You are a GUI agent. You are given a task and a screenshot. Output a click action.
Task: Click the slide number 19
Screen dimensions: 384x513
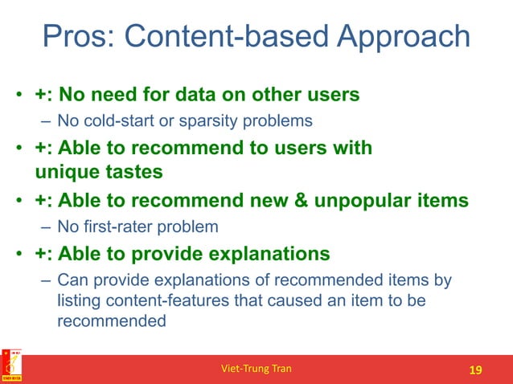pyautogui.click(x=475, y=370)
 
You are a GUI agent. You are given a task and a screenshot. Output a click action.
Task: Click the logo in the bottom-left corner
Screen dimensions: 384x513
pyautogui.click(x=13, y=366)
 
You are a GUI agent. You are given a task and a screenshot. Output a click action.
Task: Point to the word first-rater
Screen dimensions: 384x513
pyautogui.click(x=117, y=227)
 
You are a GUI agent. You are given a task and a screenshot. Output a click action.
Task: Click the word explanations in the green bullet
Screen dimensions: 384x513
pyautogui.click(x=262, y=254)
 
